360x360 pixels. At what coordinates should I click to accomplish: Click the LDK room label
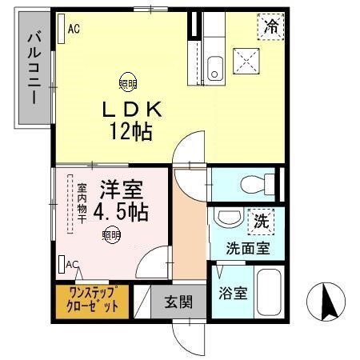click(x=130, y=108)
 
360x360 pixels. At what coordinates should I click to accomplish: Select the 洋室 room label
click(x=121, y=192)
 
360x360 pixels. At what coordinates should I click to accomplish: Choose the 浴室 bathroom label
click(x=233, y=292)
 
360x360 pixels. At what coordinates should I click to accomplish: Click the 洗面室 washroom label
click(x=247, y=248)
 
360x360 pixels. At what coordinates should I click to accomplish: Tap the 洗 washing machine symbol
click(x=261, y=218)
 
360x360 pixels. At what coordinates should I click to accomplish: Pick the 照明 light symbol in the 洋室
click(x=111, y=234)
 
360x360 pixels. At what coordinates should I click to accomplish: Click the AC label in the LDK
click(x=74, y=30)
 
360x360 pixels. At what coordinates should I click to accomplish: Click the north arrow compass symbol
click(x=326, y=303)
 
